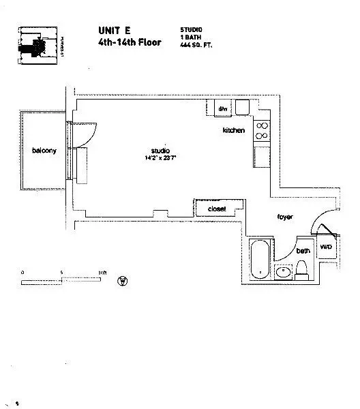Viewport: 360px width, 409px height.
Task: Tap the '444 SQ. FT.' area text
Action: tap(197, 44)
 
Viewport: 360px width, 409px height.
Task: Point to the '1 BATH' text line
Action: tap(189, 37)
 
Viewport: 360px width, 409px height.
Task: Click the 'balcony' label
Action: tap(44, 150)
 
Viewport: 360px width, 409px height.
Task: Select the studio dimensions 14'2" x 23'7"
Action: tap(161, 157)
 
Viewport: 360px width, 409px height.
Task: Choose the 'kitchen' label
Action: tap(233, 130)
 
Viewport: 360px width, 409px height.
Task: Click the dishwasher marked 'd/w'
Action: tap(222, 108)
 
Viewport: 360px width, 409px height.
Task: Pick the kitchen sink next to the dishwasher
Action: tap(243, 108)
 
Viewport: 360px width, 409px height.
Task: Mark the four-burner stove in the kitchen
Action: tap(262, 130)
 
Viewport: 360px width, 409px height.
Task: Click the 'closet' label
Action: tap(216, 209)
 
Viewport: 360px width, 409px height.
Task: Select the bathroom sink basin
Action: tap(284, 273)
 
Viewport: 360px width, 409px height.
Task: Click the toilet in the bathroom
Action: tap(302, 270)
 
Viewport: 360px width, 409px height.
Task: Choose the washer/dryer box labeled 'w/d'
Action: tap(325, 247)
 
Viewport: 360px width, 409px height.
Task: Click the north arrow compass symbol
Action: tap(123, 280)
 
